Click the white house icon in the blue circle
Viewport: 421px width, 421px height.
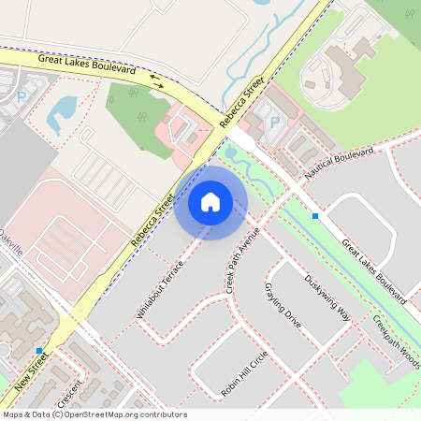coord(210,201)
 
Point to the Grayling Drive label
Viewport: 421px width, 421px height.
coord(283,304)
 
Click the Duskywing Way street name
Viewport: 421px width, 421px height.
coord(327,298)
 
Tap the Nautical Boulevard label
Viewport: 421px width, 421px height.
coord(339,163)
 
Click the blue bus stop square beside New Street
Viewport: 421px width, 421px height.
coord(39,350)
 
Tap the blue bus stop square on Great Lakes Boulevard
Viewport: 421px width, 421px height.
coord(315,216)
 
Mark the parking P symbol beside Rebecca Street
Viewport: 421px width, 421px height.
coord(274,122)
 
